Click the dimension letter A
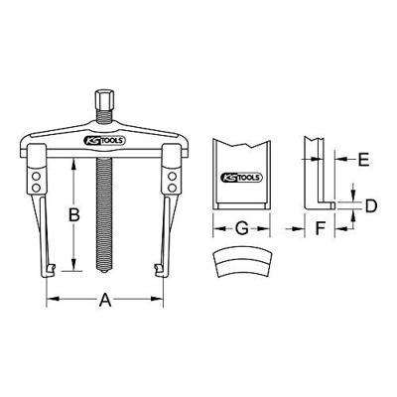click(x=105, y=300)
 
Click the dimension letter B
click(x=73, y=215)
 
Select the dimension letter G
click(x=242, y=228)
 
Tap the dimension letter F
click(x=320, y=228)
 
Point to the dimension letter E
click(x=363, y=159)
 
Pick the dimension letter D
click(x=371, y=205)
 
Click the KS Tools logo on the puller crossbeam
click(x=104, y=141)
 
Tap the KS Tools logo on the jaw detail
click(x=241, y=178)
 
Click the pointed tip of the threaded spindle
click(x=104, y=271)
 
